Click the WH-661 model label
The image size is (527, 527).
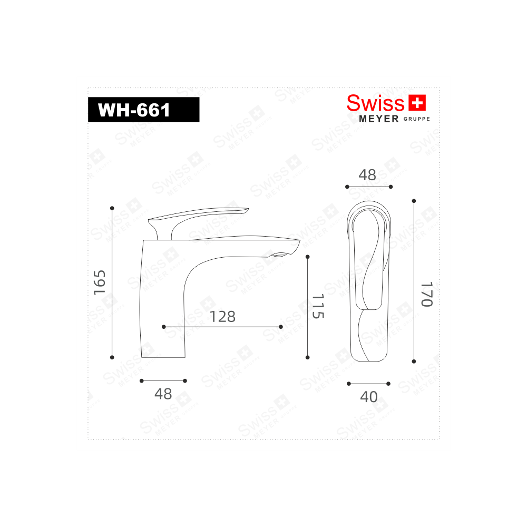[134, 110]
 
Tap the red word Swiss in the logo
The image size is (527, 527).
[375, 103]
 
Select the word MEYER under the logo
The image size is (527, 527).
[378, 119]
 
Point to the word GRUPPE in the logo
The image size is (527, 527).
[417, 119]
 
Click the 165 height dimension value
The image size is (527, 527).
[100, 282]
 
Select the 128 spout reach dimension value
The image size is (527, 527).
[222, 317]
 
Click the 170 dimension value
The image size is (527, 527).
[426, 294]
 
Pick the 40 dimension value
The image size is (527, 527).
[369, 397]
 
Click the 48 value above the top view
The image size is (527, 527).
[367, 175]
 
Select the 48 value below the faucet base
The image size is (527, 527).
[163, 394]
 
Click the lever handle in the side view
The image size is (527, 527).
[200, 216]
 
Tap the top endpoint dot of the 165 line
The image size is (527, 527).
[112, 207]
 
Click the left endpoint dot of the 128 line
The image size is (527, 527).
[164, 327]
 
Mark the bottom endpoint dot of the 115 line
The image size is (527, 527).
[308, 357]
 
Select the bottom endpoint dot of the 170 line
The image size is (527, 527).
[414, 362]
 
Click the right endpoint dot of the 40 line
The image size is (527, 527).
[389, 384]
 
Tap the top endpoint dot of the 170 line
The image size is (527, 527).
[414, 201]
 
